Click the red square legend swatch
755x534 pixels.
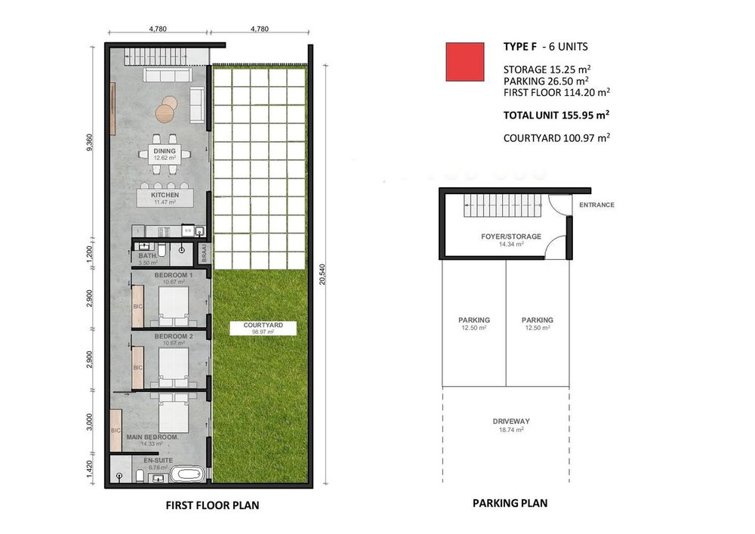point(464,62)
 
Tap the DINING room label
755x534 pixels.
point(165,151)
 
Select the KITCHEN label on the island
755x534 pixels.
point(165,195)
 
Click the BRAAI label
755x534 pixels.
point(204,253)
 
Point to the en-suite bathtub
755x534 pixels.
point(186,474)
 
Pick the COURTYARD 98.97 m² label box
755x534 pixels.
point(263,328)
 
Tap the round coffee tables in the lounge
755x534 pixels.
point(166,109)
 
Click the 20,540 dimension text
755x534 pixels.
point(322,274)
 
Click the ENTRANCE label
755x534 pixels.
point(596,205)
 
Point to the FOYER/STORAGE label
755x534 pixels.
point(511,236)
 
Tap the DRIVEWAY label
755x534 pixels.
point(511,421)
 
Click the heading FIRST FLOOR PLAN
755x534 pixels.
point(212,505)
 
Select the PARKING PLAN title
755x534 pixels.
point(510,503)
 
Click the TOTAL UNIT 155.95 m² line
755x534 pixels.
point(556,115)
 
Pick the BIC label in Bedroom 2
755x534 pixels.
point(137,367)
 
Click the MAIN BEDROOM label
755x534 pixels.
point(153,437)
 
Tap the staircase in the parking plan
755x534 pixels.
point(503,205)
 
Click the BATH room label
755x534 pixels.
point(147,256)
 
